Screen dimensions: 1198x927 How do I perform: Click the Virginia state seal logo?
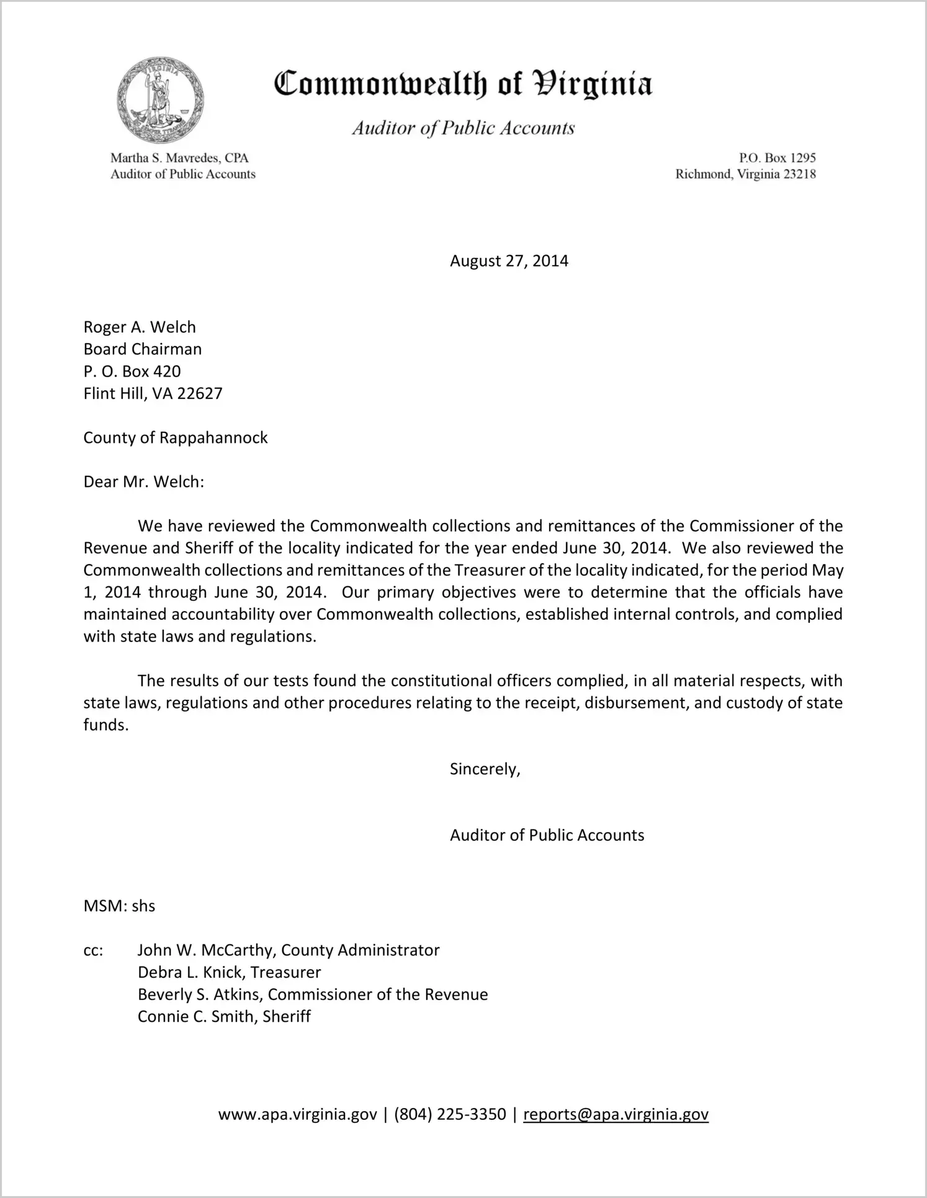(160, 100)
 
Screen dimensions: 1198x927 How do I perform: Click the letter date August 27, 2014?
(509, 261)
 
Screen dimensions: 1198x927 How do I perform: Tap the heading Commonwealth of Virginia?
(463, 84)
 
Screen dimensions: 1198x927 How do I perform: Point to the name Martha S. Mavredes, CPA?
(179, 158)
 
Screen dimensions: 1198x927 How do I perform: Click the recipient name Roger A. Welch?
(140, 327)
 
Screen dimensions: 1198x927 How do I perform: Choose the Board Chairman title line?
(143, 349)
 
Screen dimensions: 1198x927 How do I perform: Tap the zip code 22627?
(200, 393)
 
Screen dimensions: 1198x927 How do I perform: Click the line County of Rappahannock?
(176, 437)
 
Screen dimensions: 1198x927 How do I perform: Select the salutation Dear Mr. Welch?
(144, 481)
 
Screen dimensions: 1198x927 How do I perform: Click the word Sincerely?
(485, 769)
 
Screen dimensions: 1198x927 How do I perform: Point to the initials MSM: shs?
(119, 906)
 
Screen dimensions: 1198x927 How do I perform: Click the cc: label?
(93, 950)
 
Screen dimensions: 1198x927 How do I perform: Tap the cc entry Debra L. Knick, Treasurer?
(229, 972)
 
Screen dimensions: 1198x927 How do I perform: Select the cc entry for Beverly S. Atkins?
(312, 995)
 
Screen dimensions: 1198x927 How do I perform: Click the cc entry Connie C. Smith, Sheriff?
(224, 1016)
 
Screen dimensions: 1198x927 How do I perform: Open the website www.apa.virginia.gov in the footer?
(297, 1114)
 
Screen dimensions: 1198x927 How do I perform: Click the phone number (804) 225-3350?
(450, 1114)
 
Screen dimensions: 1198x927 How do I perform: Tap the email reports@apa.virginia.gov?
(616, 1114)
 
